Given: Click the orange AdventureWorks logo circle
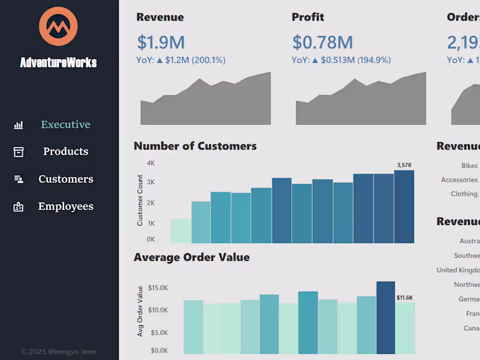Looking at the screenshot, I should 58,26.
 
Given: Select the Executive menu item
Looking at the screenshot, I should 65,125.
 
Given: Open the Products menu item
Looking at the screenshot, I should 65,151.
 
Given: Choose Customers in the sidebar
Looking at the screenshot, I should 65,179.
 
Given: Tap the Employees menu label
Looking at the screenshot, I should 65,206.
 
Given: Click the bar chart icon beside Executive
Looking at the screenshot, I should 19,125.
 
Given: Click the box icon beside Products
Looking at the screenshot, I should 19,152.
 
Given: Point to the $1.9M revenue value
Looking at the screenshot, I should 161,43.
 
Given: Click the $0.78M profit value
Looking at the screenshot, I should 322,43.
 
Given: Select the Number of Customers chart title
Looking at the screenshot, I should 195,146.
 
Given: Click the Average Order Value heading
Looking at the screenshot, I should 191,257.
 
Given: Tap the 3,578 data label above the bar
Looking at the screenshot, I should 404,165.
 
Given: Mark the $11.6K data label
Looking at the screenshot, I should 404,298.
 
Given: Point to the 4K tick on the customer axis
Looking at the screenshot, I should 151,163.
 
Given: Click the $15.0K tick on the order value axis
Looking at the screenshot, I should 158,288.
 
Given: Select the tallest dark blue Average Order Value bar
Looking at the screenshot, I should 385,317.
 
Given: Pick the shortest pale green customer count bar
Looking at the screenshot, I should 181,231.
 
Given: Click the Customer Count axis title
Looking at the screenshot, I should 140,200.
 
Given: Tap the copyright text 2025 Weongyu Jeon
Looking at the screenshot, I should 58,352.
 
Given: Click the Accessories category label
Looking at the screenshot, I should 459,180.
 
